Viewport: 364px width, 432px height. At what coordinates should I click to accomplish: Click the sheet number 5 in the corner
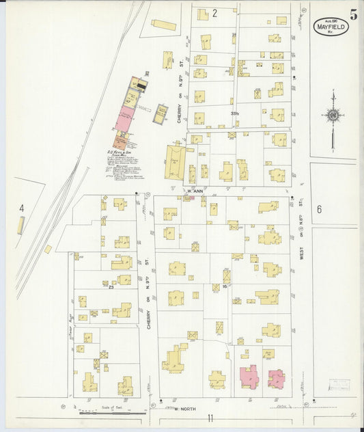coord(352,14)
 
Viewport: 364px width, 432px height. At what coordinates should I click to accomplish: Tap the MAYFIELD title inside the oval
coord(331,27)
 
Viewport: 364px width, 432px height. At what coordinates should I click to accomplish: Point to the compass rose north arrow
coord(333,116)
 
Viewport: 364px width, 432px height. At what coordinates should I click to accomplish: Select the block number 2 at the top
coord(214,13)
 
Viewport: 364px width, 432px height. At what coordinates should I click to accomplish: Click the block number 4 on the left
coord(22,207)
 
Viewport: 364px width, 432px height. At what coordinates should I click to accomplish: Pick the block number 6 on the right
coord(318,209)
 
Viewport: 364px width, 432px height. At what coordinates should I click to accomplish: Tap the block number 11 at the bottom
coord(212,418)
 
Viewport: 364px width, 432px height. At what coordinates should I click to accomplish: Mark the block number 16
coord(223,286)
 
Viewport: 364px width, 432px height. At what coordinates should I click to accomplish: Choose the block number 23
coord(111,287)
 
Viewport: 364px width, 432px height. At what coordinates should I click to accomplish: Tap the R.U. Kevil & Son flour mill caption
coord(120,154)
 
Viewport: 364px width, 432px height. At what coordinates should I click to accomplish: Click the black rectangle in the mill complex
coord(141,85)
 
